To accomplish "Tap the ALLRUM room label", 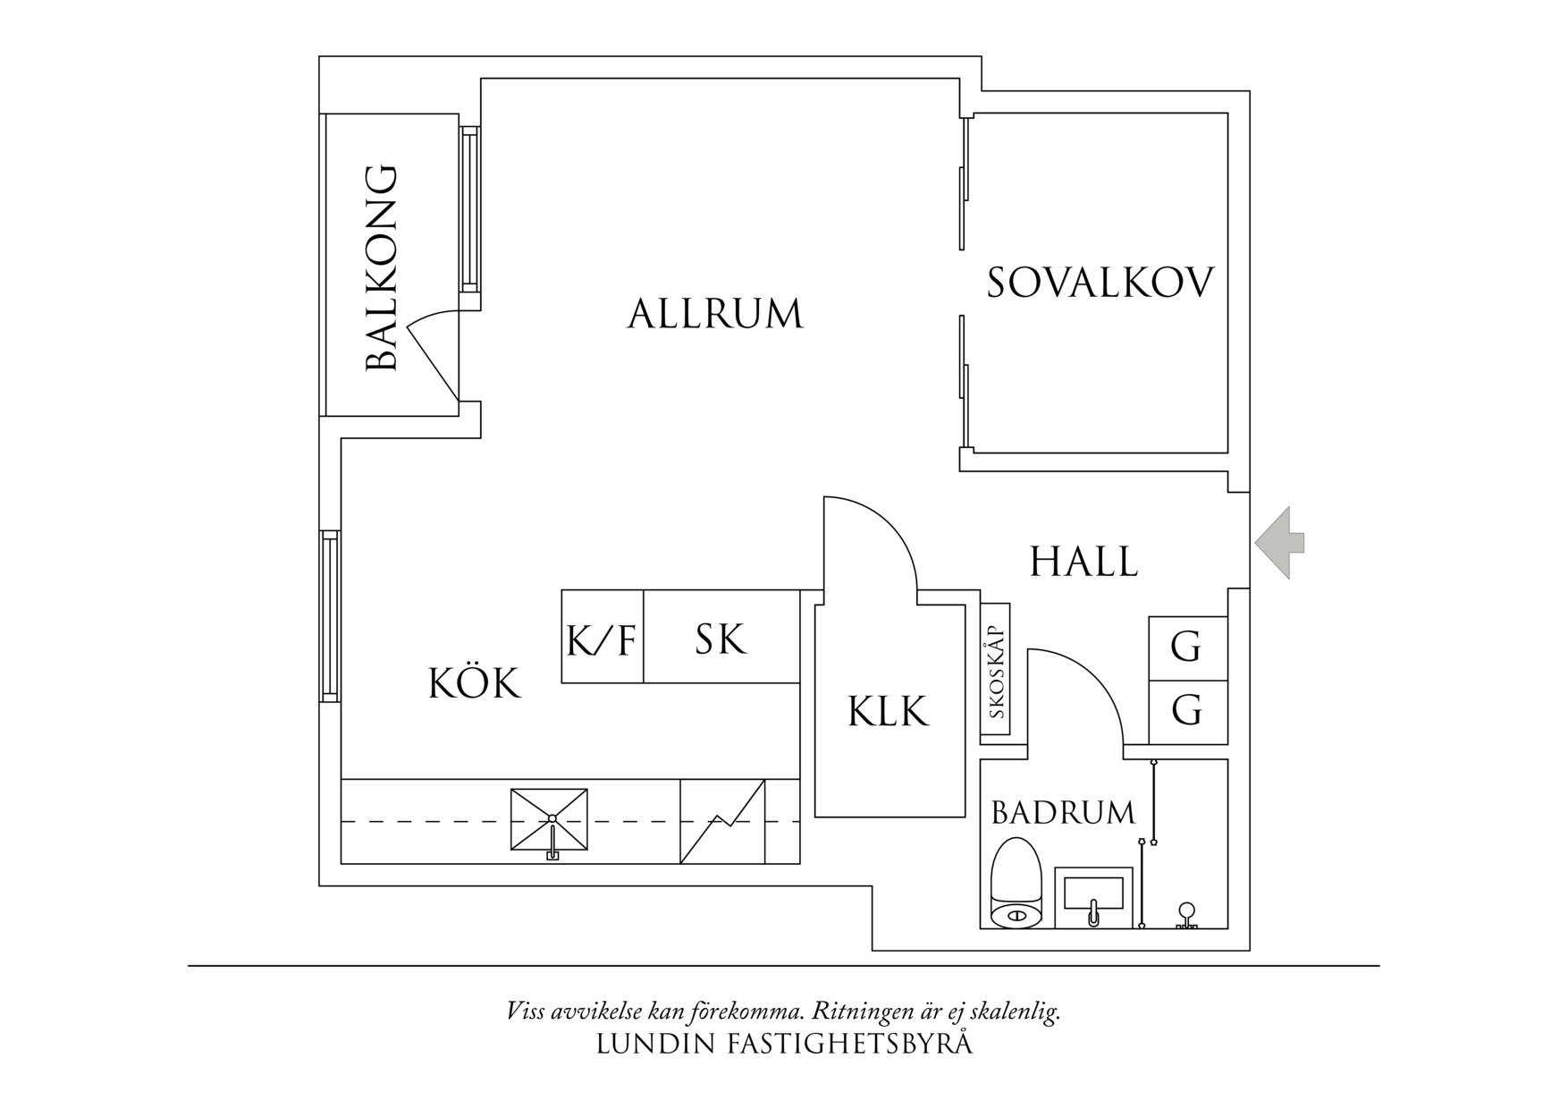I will [x=715, y=315].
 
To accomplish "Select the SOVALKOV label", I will [x=1100, y=283].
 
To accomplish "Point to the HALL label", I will [x=1083, y=563].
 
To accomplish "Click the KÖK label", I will [x=474, y=684].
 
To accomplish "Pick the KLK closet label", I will [x=888, y=712].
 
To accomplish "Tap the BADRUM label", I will [x=1063, y=813].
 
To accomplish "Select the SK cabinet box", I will [x=721, y=638].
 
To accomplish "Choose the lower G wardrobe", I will [x=1186, y=712].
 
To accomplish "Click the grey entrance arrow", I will [x=1280, y=542].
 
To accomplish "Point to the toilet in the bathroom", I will [x=1017, y=883].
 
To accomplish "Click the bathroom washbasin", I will [x=1090, y=897].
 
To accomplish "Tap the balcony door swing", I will [x=436, y=353].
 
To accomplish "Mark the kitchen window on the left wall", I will [x=330, y=616].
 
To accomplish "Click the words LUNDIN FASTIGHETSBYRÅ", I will [x=783, y=1044].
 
